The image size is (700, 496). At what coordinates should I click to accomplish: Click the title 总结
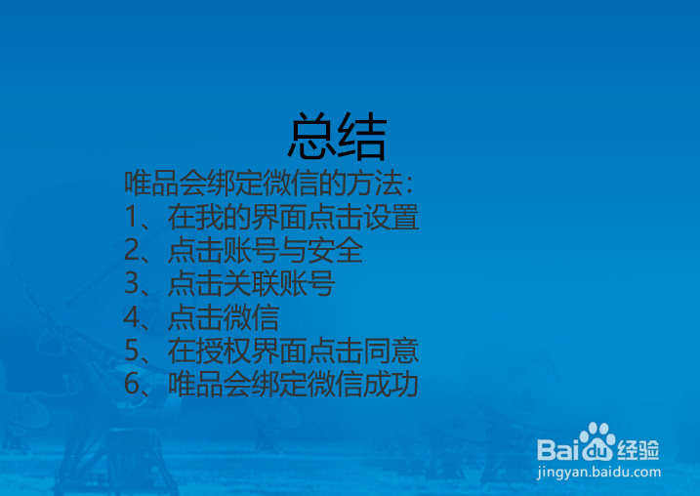point(337,136)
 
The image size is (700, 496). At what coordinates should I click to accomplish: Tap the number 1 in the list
point(131,217)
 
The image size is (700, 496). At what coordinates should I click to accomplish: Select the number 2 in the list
point(132,250)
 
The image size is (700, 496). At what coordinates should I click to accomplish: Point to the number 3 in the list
point(132,283)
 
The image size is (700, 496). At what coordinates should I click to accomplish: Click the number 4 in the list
point(132,316)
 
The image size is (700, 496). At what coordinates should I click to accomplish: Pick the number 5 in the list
point(132,350)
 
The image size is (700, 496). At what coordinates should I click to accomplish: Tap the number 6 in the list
point(132,384)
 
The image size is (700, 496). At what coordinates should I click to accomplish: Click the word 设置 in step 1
point(391,217)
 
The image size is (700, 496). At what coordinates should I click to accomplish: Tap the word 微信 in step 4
point(252,316)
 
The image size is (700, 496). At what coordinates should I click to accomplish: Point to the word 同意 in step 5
point(391,350)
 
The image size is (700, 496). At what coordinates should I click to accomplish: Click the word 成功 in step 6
point(391,384)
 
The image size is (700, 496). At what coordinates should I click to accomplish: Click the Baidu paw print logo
point(597,442)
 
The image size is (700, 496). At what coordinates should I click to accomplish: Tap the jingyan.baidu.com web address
point(598,473)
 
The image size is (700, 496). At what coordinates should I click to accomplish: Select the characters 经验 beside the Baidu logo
point(638,449)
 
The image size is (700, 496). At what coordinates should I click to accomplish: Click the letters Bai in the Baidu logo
point(559,449)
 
